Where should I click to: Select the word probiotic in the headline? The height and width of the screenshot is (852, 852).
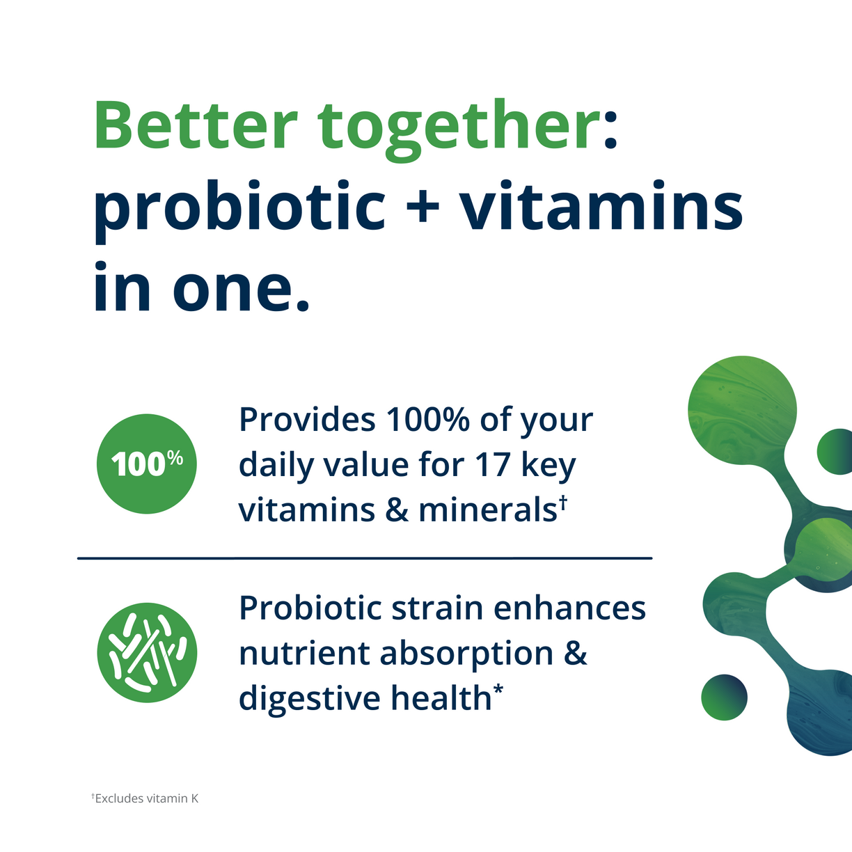(239, 207)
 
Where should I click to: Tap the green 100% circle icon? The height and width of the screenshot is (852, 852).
(147, 464)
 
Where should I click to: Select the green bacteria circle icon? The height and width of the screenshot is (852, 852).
(147, 653)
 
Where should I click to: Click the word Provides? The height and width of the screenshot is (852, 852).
(306, 420)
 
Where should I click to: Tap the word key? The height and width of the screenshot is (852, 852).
(549, 466)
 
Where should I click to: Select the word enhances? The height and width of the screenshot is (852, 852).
(569, 608)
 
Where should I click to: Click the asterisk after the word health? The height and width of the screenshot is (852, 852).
(498, 690)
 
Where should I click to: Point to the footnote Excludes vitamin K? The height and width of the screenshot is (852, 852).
(146, 798)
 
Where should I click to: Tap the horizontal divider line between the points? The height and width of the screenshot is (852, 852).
(364, 558)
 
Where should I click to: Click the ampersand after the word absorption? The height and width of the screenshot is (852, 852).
(576, 653)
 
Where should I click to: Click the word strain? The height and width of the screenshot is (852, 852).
(435, 608)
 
